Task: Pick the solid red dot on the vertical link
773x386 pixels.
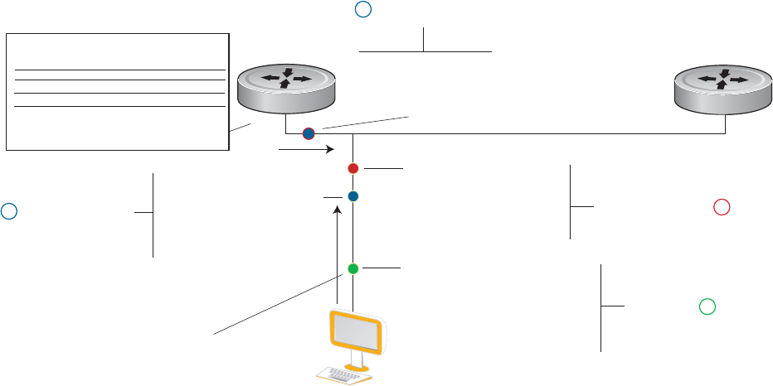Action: tap(352, 168)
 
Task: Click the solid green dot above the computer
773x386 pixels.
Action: tap(352, 268)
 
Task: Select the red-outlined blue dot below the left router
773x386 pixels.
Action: tap(309, 133)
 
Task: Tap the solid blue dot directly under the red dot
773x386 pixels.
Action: tap(352, 196)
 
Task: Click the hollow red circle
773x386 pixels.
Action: tap(721, 207)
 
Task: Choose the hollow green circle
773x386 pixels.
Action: tap(707, 306)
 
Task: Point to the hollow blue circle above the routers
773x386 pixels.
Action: tap(362, 9)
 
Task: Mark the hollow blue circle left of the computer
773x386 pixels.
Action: tap(8, 211)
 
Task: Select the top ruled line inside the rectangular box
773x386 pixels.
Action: tap(121, 70)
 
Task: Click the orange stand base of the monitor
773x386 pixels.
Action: tap(358, 364)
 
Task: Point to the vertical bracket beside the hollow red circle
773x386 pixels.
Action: tap(571, 202)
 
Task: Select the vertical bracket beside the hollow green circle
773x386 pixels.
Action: tap(600, 307)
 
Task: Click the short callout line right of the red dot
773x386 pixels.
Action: tap(382, 168)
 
